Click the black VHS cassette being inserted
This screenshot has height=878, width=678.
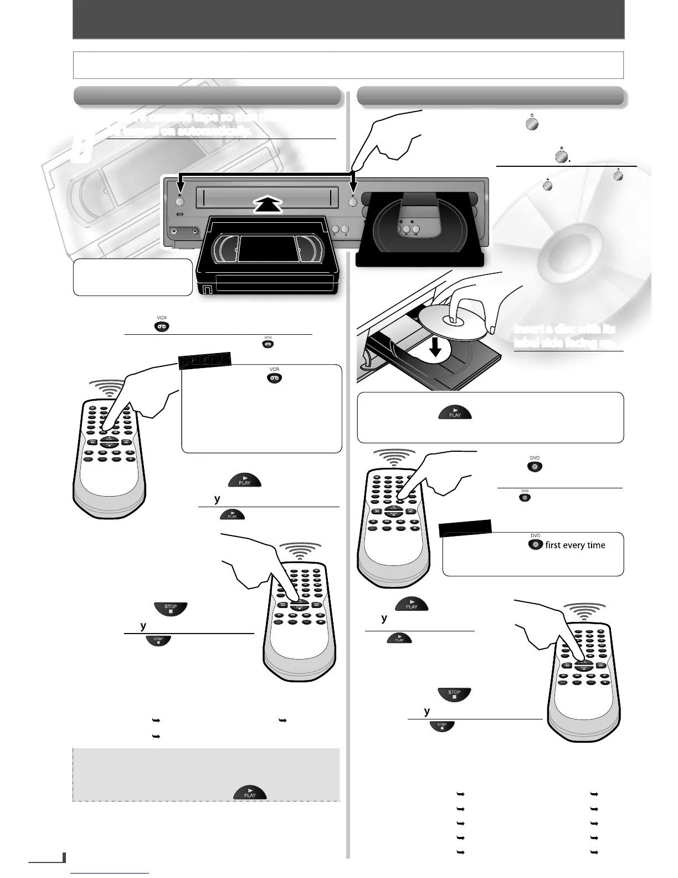[266, 255]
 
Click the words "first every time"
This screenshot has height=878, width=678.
[575, 545]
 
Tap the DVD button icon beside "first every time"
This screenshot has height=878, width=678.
[535, 544]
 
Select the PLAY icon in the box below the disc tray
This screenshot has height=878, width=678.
[455, 413]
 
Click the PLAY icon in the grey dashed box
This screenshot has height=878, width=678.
[250, 793]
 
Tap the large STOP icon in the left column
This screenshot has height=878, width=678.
[171, 608]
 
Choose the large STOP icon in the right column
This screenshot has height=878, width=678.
[454, 694]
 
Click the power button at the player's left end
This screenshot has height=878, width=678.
[179, 201]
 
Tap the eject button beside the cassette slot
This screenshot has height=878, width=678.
[352, 201]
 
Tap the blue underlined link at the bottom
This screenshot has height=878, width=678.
[110, 874]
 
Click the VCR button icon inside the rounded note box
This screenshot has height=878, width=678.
[275, 378]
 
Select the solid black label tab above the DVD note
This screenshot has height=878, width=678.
[465, 528]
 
